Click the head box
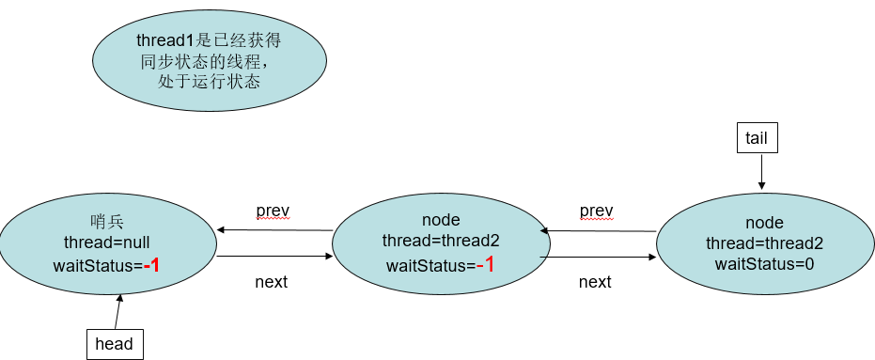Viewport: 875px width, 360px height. click(115, 344)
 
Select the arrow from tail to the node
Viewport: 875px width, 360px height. click(761, 172)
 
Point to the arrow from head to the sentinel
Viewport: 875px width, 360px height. click(117, 311)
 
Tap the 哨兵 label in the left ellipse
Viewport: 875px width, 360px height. click(107, 222)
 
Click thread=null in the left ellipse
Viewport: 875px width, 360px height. click(107, 243)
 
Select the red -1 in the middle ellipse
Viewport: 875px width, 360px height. click(485, 265)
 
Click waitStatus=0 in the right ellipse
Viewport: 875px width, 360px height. click(764, 264)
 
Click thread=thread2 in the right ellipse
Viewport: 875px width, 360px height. click(764, 243)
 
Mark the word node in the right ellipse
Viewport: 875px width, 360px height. click(764, 223)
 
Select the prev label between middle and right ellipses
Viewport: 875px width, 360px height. click(596, 209)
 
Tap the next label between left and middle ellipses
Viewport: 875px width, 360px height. click(272, 281)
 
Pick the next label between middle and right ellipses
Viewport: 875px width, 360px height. click(595, 281)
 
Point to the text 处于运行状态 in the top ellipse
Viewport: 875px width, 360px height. click(209, 82)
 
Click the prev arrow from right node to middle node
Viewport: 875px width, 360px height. click(598, 230)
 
